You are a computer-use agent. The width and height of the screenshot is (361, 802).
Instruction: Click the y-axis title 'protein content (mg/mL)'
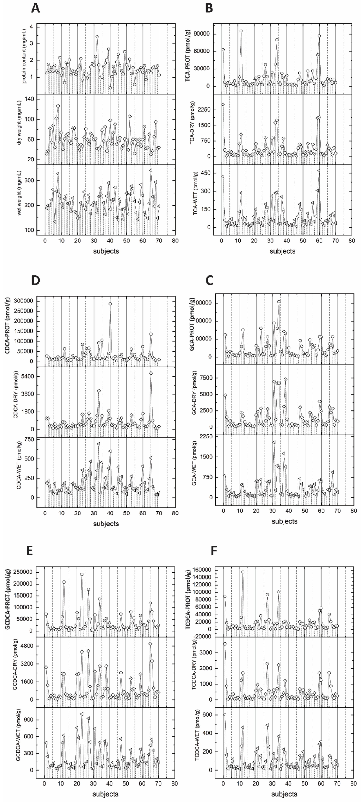click(24, 59)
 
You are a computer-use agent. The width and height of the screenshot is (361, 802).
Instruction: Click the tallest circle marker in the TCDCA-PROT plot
click(243, 572)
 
